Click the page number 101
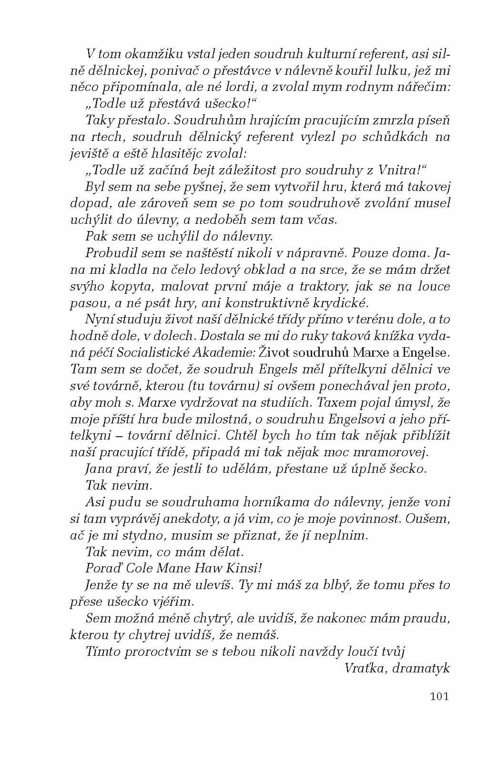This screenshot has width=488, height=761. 439,696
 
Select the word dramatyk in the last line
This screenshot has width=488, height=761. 423,668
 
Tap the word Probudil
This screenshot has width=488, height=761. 108,253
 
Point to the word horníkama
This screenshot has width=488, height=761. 237,502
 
